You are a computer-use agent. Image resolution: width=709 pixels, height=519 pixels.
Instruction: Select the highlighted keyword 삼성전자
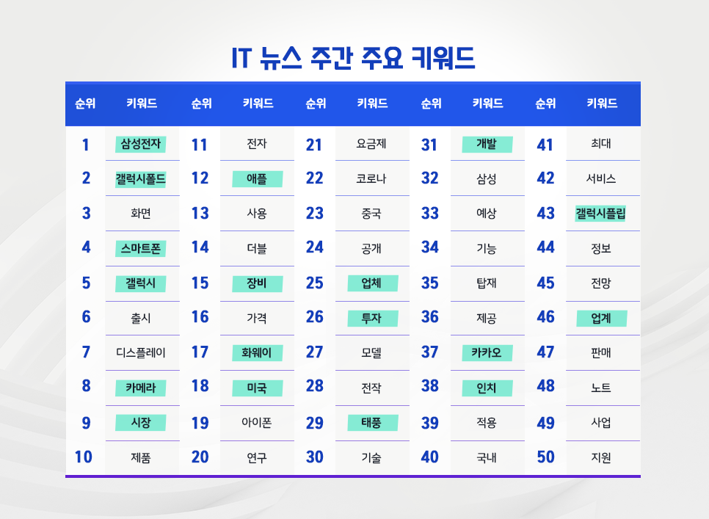(141, 144)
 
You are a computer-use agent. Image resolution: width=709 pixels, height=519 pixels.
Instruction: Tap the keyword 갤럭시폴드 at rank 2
(141, 178)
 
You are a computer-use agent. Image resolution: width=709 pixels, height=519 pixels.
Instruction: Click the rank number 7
(86, 352)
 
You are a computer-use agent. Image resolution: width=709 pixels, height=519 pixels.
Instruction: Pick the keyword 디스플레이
(141, 352)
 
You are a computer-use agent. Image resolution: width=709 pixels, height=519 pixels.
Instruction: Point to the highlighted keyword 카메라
(141, 387)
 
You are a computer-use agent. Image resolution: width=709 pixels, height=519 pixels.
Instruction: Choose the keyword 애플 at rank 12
(257, 178)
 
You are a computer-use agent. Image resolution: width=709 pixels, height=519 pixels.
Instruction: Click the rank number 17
(200, 352)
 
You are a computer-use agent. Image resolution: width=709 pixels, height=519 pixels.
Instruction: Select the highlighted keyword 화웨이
(257, 352)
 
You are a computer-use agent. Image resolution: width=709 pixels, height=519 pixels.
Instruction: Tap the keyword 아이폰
(257, 423)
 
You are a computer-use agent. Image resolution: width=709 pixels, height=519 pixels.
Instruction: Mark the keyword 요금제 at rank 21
(371, 144)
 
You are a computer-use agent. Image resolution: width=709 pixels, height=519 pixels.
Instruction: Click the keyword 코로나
(371, 178)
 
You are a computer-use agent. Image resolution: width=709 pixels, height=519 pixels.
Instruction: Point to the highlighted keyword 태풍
(371, 423)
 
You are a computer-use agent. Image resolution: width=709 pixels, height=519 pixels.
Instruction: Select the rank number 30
(314, 457)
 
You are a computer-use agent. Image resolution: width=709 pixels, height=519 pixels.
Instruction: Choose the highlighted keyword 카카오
(487, 352)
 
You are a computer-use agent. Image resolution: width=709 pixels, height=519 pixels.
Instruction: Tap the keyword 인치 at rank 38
(487, 387)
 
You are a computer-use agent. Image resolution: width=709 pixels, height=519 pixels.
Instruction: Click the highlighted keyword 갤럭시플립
(601, 214)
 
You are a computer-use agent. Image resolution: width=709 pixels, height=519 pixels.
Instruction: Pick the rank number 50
(545, 457)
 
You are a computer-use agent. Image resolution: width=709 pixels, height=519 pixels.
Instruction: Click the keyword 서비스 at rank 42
(601, 178)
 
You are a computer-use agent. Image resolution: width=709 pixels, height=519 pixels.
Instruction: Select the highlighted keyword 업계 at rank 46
(601, 318)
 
